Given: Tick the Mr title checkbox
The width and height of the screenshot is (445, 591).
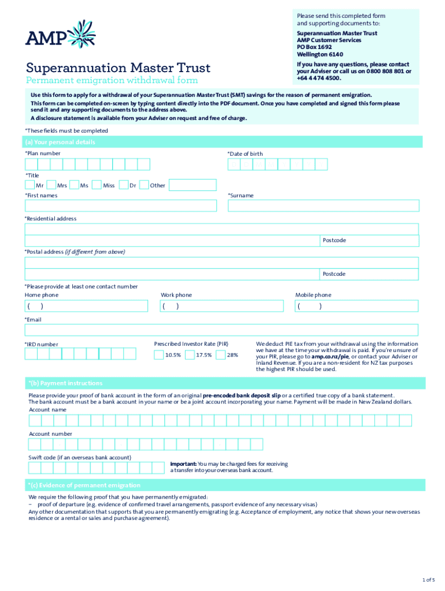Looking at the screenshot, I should pos(29,185).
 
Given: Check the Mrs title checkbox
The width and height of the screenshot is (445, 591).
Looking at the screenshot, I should pos(51,185).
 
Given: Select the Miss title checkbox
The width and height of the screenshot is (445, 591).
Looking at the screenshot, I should pos(97,185).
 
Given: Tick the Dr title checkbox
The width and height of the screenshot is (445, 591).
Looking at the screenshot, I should pos(123,185).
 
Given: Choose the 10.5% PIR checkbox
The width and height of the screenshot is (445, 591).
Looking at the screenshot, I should pos(158,355).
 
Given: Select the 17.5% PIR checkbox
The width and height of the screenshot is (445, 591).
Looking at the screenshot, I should pos(190,355).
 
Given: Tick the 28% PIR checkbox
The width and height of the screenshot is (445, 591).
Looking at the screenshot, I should pos(220,355).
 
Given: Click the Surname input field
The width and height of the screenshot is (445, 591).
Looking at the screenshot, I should pos(323,205).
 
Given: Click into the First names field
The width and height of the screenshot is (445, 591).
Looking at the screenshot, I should pos(121,205).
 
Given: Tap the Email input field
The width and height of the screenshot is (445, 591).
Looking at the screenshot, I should pos(221,330).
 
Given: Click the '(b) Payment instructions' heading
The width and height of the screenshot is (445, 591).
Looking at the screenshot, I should pos(65,383).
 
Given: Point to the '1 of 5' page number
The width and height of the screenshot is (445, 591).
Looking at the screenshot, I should pos(428,579).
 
